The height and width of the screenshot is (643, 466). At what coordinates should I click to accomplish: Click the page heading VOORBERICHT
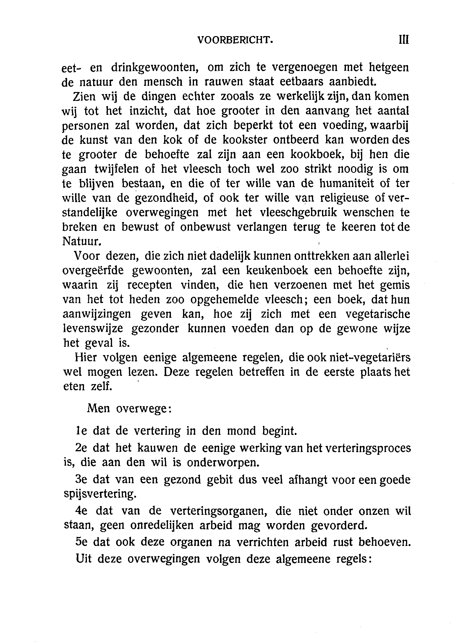235,40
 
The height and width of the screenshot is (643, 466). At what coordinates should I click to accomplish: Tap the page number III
404,40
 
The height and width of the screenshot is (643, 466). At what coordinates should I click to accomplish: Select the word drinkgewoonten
154,68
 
